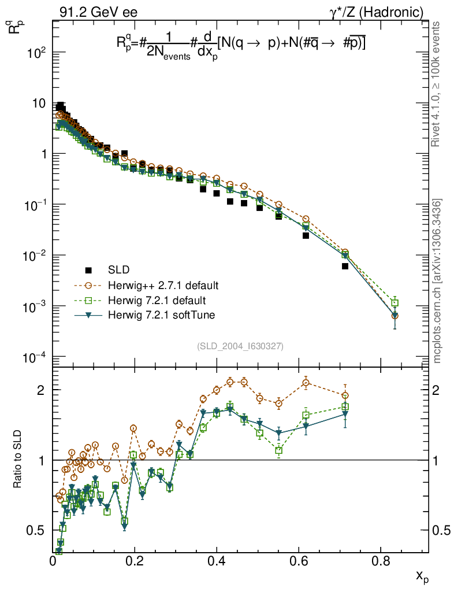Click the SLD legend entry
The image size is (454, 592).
[118, 270]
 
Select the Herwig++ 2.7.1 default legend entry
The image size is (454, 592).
[162, 286]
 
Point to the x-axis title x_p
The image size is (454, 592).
[422, 576]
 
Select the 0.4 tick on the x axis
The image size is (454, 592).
[217, 561]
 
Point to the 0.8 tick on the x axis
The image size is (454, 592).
[379, 561]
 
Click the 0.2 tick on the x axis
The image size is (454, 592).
[135, 561]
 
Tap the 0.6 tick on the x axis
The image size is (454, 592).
[298, 561]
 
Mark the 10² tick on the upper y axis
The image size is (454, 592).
[36, 53]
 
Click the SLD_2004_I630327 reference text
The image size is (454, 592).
[240, 346]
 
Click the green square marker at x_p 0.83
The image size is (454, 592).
[395, 303]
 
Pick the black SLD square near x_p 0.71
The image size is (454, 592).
[345, 267]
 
